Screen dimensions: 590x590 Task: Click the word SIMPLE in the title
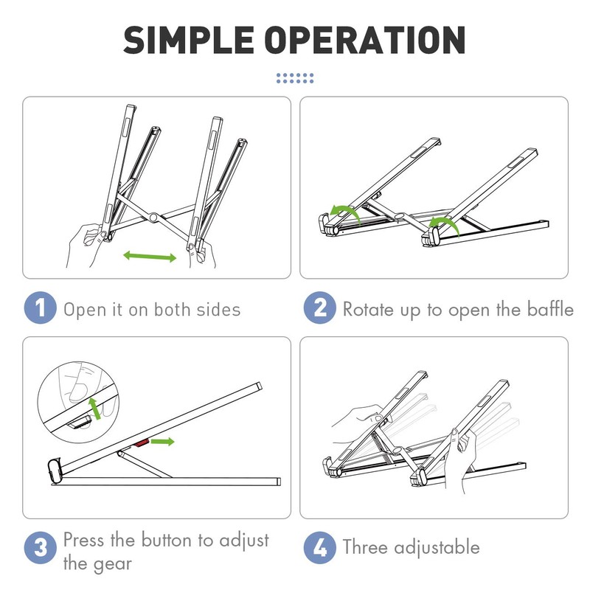pyautogui.click(x=189, y=40)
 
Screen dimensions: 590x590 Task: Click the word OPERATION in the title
pyautogui.click(x=365, y=40)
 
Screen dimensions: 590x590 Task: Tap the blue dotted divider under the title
pyautogui.click(x=295, y=78)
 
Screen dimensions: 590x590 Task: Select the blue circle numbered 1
pyautogui.click(x=41, y=308)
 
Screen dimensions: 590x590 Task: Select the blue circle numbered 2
pyautogui.click(x=320, y=308)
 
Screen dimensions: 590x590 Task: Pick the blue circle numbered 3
pyautogui.click(x=41, y=547)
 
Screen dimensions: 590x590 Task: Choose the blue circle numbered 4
pyautogui.click(x=320, y=547)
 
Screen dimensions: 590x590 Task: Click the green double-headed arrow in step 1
pyautogui.click(x=150, y=256)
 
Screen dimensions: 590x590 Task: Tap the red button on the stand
pyautogui.click(x=141, y=443)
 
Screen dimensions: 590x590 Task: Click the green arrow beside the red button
pyautogui.click(x=162, y=441)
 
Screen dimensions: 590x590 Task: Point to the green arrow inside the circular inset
pyautogui.click(x=94, y=409)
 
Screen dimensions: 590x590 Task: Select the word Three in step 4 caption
pyautogui.click(x=365, y=546)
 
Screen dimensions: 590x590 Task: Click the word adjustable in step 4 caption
pyautogui.click(x=437, y=547)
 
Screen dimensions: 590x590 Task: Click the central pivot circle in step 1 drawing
pyautogui.click(x=153, y=217)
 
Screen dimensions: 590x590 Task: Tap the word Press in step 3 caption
pyautogui.click(x=84, y=540)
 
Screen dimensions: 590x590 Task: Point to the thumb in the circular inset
pyautogui.click(x=78, y=388)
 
